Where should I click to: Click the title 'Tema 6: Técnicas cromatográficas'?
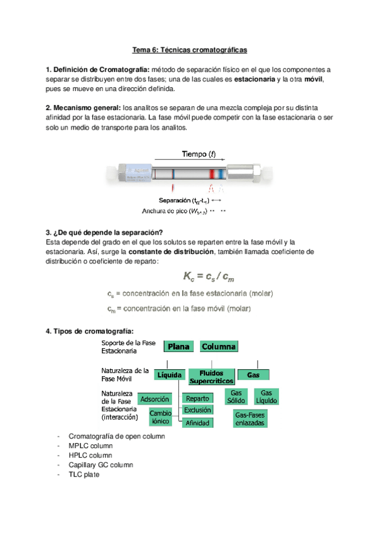pos(189,49)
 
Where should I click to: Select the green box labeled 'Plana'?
pos(179,346)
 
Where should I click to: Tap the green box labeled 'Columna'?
pos(219,346)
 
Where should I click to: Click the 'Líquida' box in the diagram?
pos(170,375)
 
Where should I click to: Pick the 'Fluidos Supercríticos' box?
pos(212,377)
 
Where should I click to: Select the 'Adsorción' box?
pos(154,399)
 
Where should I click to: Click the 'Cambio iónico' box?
pos(160,416)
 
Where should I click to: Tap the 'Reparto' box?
pos(197,399)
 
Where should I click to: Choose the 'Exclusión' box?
pos(197,410)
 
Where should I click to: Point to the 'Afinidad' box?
pos(197,423)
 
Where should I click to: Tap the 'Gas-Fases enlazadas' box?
pos(249,419)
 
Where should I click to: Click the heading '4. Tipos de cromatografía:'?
pos(90,331)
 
